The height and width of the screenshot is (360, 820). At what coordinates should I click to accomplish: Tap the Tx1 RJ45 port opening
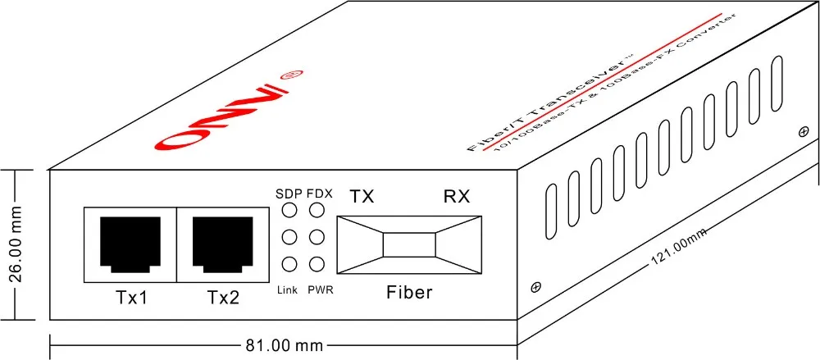[x=129, y=244]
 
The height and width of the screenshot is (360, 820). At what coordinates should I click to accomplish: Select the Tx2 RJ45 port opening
[x=221, y=244]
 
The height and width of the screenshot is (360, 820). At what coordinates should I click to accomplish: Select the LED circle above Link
[x=289, y=264]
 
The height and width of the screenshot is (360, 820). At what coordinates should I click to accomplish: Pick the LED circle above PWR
[x=317, y=264]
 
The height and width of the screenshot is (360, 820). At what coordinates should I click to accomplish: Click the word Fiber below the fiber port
[x=409, y=292]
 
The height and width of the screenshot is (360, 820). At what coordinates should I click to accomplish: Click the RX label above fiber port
[x=458, y=197]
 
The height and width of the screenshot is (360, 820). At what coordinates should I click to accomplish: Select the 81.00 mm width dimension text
[x=285, y=345]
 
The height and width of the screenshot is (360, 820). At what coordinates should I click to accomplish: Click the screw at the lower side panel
[x=536, y=287]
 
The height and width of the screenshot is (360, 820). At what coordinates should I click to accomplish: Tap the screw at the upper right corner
[x=803, y=130]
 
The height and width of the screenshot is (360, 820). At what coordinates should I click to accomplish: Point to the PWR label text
[x=321, y=290]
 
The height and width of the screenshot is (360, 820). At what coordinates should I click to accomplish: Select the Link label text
[x=288, y=290]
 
